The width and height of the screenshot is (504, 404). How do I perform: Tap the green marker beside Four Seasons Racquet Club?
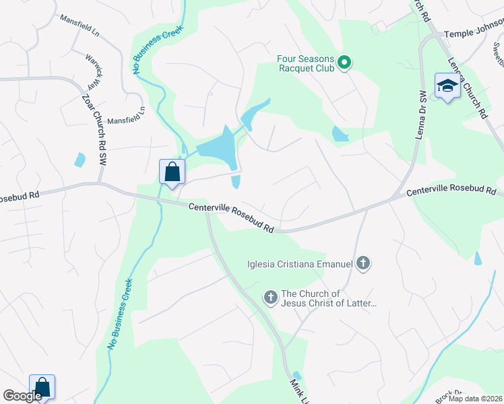pos(344,63)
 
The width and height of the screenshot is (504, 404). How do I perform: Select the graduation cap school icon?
pos(447,86)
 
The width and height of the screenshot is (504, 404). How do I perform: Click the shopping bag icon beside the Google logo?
pos(42,387)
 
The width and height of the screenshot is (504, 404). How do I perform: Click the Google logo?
pos(23,396)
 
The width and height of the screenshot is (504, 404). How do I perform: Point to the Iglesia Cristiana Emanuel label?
pos(300,263)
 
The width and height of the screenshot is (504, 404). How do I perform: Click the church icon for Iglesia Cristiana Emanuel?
pos(363,263)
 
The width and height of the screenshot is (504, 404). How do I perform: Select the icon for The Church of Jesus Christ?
pos(271,298)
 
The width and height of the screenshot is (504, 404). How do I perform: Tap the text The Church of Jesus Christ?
pos(328,298)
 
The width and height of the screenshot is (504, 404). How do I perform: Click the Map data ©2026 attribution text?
pos(474,399)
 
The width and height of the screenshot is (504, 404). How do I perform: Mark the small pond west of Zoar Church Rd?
pos(80,160)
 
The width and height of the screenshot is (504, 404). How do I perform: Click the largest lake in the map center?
pos(217,149)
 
